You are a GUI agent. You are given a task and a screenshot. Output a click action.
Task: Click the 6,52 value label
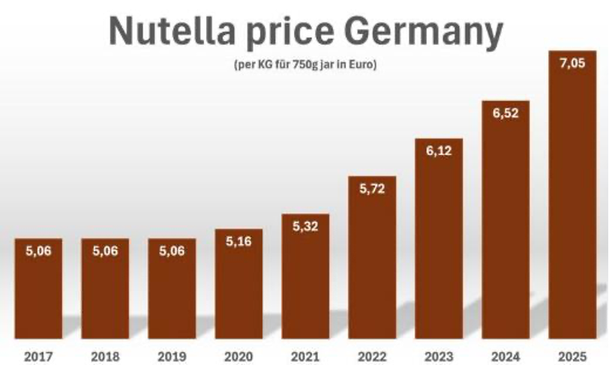pyautogui.click(x=505, y=113)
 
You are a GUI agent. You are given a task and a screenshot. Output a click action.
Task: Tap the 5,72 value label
pyautogui.click(x=372, y=189)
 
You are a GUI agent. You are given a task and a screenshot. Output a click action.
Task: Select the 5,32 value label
pyautogui.click(x=305, y=226)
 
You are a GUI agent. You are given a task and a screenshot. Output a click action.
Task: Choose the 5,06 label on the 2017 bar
pyautogui.click(x=38, y=252)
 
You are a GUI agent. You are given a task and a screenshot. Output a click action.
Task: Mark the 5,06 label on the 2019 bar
pyautogui.click(x=172, y=252)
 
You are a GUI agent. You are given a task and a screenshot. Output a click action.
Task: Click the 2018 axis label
pyautogui.click(x=105, y=356)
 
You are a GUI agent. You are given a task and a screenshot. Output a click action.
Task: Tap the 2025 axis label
pyautogui.click(x=572, y=356)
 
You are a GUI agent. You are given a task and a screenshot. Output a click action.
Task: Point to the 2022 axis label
pyautogui.click(x=372, y=356)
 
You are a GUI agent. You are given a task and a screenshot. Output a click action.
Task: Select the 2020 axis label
pyautogui.click(x=238, y=356)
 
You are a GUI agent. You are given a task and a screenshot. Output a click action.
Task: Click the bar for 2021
pyautogui.click(x=305, y=285)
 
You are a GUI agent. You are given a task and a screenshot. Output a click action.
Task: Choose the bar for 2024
pyautogui.click(x=505, y=225)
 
